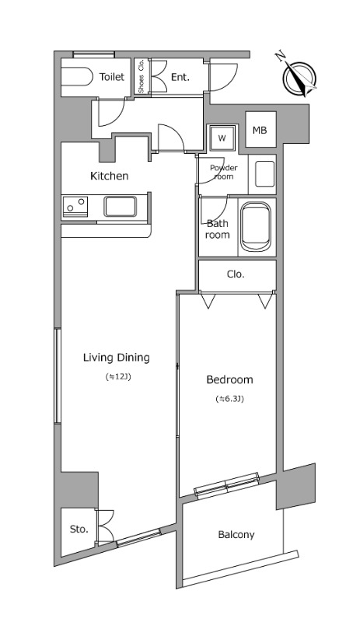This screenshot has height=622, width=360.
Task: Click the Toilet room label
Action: coord(111,76)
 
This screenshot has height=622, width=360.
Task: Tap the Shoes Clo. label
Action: coord(142,77)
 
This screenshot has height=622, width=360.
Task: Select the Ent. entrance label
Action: coord(180,77)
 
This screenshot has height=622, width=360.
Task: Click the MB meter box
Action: coord(260,130)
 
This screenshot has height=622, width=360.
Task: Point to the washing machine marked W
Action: coord(222,138)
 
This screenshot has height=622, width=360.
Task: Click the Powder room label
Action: coord(223,172)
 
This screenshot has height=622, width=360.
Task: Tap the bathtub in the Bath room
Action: coord(256,226)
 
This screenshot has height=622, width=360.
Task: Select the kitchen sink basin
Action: coord(121,207)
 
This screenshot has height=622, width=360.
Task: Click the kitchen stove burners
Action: coord(75,206)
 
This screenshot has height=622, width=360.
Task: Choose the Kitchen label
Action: coord(109,176)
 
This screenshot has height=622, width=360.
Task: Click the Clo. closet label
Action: coord(236,274)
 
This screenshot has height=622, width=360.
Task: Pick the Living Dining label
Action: coord(117,358)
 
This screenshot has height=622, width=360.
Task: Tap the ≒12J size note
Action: coord(118,377)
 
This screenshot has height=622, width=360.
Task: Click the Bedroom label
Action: coord(229,379)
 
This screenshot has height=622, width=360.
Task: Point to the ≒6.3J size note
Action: coord(229,399)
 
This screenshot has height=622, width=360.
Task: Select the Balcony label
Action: coord(236,535)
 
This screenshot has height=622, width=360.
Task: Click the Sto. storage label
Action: coord(79,529)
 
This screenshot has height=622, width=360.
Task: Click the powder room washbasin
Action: coord(264,173)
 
